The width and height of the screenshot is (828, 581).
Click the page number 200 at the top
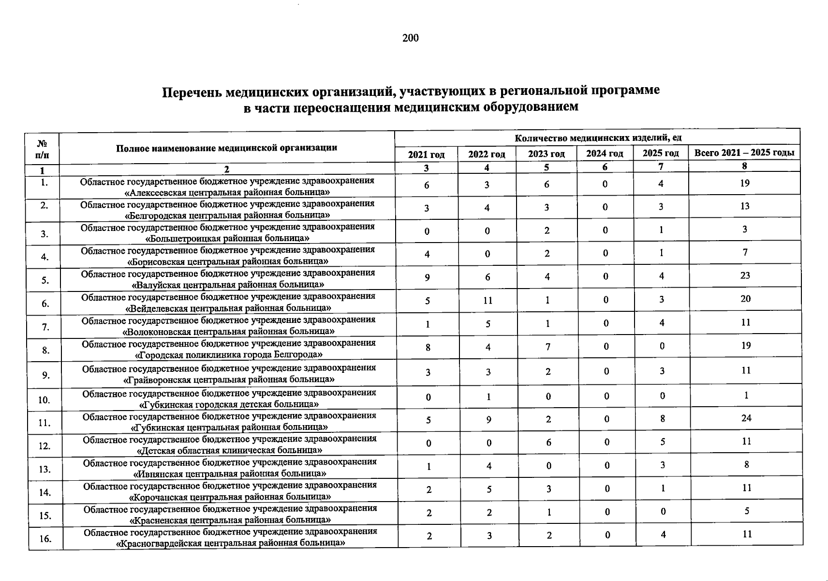click(410, 38)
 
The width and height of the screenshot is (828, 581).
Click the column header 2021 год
click(426, 154)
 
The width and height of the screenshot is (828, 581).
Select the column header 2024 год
click(605, 154)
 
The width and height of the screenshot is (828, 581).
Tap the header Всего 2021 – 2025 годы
click(744, 153)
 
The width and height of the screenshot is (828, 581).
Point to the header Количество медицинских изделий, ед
click(598, 138)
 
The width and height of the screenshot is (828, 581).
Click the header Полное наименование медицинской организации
click(226, 148)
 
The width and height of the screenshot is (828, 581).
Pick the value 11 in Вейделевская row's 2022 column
click(488, 300)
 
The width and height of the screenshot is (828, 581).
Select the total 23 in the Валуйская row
click(745, 275)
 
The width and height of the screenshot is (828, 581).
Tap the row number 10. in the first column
click(45, 400)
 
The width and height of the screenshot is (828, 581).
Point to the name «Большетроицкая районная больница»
click(227, 238)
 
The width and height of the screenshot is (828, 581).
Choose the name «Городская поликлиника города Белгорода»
click(228, 355)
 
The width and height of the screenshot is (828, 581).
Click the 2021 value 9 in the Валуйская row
click(427, 277)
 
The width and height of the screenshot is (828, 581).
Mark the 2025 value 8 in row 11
click(662, 419)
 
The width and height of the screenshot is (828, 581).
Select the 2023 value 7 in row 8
click(547, 347)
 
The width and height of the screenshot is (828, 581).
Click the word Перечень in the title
click(192, 92)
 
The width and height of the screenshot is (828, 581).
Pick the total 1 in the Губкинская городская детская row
click(746, 395)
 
